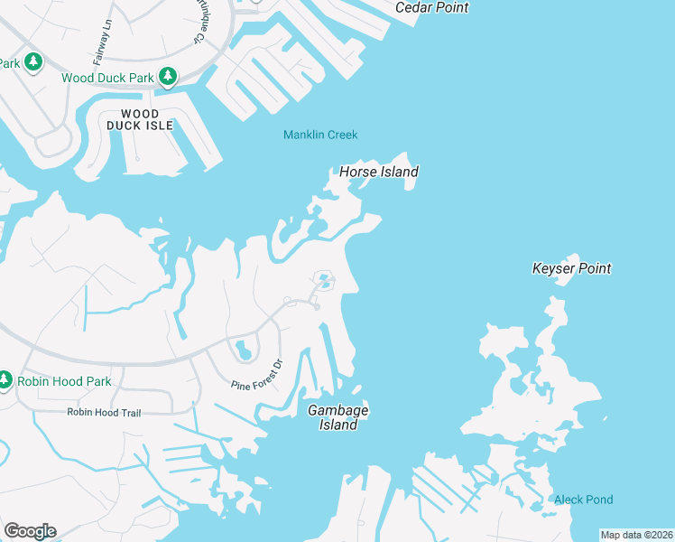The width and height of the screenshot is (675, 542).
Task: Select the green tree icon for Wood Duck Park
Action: click(168, 78)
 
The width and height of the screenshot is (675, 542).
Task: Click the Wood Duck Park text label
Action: click(107, 79)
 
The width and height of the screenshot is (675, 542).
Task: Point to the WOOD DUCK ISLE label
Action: click(140, 120)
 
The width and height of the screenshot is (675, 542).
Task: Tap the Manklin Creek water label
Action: click(320, 135)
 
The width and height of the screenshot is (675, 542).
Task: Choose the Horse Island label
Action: click(378, 172)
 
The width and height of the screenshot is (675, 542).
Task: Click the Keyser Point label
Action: click(571, 268)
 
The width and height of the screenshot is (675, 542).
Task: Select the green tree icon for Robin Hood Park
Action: click(5, 380)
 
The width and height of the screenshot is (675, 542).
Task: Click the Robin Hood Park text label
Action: click(64, 381)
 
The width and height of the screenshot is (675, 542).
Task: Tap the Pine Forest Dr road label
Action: click(256, 373)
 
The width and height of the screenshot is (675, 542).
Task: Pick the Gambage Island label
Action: click(338, 417)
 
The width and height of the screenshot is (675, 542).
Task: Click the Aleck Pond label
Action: click(583, 500)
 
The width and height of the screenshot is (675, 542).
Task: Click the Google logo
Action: click(30, 531)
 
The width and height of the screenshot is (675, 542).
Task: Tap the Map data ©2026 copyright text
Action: click(636, 535)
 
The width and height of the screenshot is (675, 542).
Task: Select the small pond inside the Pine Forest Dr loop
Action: click(242, 349)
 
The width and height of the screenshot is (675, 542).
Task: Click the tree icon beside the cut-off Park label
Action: click(33, 61)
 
